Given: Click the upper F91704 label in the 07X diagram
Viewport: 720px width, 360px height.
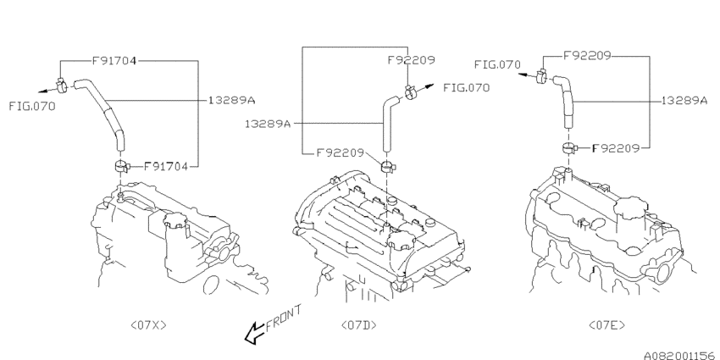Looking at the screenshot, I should (x=115, y=61).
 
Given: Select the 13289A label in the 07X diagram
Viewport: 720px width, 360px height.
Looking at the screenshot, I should (x=231, y=99).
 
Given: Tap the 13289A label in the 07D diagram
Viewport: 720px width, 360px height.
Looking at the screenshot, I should (x=269, y=123).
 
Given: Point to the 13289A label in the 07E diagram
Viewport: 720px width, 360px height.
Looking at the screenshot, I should (x=684, y=99).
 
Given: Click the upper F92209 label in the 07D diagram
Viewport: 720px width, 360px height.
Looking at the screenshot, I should (x=411, y=61).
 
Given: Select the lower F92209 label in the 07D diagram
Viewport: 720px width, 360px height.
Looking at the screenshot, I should (x=340, y=153).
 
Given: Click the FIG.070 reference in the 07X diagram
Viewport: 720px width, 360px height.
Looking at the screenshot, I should (x=32, y=106).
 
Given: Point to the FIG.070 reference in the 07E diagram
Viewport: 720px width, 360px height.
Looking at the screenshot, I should (x=497, y=64).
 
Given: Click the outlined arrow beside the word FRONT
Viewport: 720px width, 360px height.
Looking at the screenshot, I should (x=253, y=336).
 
